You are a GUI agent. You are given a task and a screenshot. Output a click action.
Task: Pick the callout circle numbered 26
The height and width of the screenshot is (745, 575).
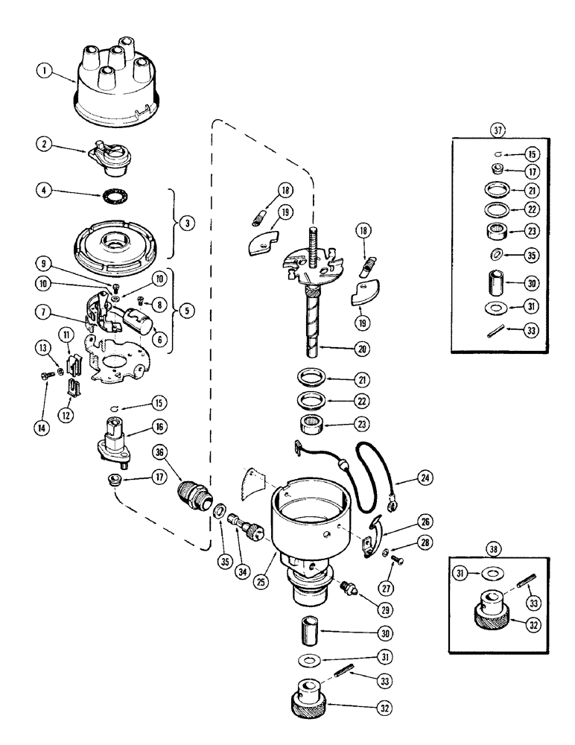pos(404,521)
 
